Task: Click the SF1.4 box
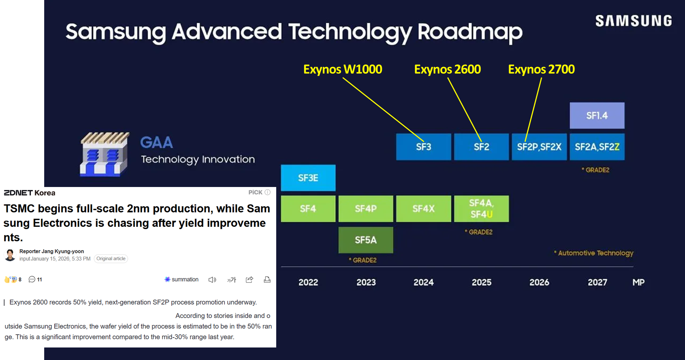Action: click(597, 116)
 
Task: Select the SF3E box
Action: click(308, 178)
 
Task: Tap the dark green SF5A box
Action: click(365, 240)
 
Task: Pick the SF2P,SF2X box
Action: click(539, 147)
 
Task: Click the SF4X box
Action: click(423, 209)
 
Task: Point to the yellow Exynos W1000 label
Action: click(342, 69)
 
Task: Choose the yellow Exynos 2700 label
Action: click(541, 69)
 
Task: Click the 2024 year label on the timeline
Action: click(423, 282)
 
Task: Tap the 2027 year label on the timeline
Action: click(597, 282)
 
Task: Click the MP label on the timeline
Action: click(638, 282)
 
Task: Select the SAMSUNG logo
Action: click(633, 21)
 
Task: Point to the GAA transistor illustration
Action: click(105, 154)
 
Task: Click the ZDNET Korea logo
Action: click(29, 193)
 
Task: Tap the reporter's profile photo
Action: click(10, 255)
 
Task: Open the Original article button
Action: click(111, 259)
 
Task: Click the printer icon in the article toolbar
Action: click(267, 280)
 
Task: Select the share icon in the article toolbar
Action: click(249, 280)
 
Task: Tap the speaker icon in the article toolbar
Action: click(212, 280)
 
